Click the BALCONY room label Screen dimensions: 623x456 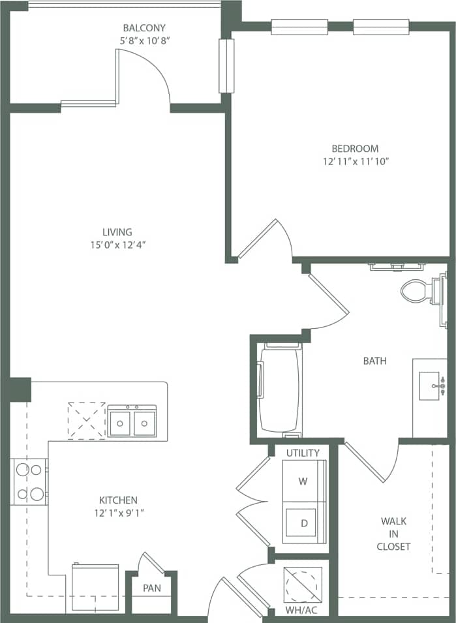click(144, 28)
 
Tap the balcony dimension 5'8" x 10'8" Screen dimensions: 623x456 click(144, 40)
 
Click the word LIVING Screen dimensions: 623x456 click(117, 232)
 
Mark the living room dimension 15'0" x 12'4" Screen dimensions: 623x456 click(117, 245)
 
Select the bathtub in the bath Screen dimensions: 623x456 click(279, 389)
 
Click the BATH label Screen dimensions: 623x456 click(375, 360)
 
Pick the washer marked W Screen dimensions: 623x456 click(303, 481)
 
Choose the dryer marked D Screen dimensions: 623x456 click(303, 523)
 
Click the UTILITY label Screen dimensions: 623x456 click(303, 453)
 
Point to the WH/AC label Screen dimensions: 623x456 click(302, 611)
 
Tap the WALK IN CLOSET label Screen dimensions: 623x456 click(393, 534)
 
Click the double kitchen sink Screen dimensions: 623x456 click(132, 421)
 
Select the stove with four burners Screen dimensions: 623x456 click(29, 481)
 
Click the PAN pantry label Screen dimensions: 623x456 click(151, 588)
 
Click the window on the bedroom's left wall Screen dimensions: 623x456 click(226, 66)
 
